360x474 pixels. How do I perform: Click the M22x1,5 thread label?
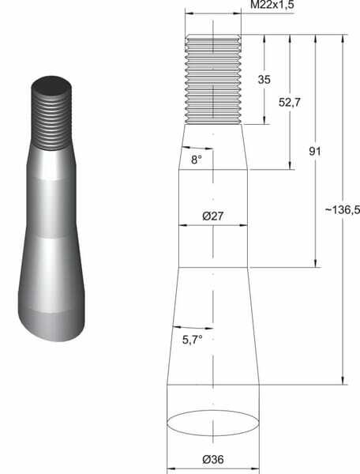(x=272, y=5)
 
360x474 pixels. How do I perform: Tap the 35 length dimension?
(x=264, y=80)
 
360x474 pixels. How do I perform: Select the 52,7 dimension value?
(x=289, y=103)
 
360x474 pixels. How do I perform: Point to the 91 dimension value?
(x=315, y=151)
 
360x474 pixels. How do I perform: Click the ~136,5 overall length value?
(x=343, y=209)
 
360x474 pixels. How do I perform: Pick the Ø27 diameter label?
(x=213, y=216)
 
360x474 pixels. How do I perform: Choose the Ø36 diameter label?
(x=213, y=460)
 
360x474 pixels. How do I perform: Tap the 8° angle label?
(x=197, y=160)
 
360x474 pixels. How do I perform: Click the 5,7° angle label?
(x=192, y=340)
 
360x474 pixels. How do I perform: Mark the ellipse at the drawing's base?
(x=213, y=411)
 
